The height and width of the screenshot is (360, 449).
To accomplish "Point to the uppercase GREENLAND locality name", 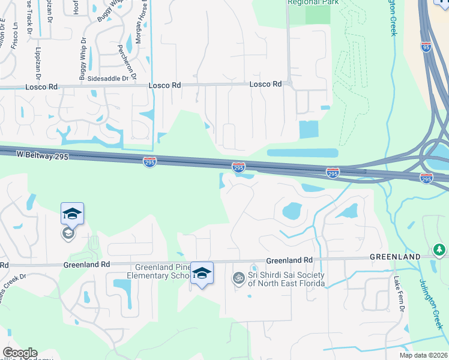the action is tap(394, 257).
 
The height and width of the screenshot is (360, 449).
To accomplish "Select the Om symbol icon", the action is tap(238, 278).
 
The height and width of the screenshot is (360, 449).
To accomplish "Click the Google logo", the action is tap(20, 353).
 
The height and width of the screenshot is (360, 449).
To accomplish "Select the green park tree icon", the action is tap(439, 250).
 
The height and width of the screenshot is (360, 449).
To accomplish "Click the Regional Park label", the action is tap(309, 2).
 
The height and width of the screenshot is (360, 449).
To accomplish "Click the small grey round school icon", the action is tap(68, 233).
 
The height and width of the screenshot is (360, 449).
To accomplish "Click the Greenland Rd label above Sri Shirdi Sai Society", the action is tap(289, 260).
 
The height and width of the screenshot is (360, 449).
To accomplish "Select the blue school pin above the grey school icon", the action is tap(72, 214).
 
